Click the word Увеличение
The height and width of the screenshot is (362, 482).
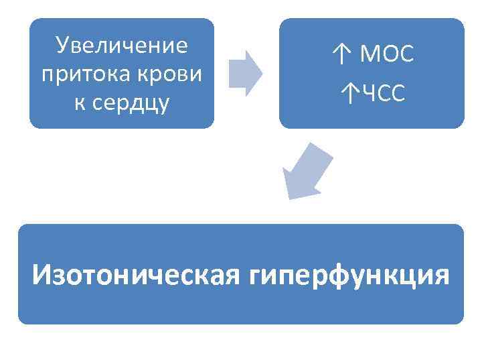click(122, 46)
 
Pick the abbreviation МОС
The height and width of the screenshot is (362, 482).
click(387, 54)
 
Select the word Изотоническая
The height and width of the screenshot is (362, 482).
click(134, 274)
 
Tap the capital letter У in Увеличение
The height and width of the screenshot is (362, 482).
click(64, 46)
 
